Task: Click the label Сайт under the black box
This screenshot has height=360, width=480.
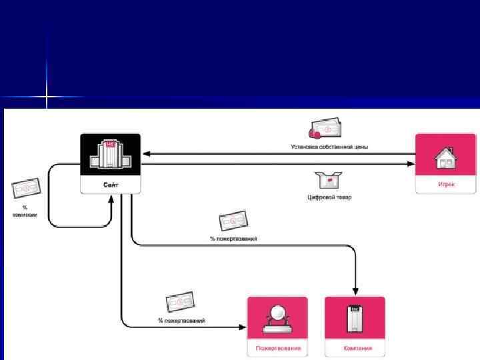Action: pos(111,185)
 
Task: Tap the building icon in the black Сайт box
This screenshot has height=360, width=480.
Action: pos(111,153)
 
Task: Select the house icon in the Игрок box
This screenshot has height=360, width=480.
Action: pos(445,158)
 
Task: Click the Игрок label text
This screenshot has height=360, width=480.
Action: pos(445,184)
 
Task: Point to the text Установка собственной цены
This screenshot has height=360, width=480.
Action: pos(329,146)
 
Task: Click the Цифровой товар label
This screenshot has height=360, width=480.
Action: pos(329,197)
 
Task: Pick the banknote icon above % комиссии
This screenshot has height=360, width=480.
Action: pos(25,189)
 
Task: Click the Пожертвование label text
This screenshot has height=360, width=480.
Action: pos(277,348)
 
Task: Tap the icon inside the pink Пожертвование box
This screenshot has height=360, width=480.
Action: pos(277,318)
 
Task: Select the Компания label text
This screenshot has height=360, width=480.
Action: pos(355,348)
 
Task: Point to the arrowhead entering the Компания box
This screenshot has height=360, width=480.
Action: pos(355,292)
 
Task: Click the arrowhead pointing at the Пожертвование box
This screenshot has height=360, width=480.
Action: pos(243,326)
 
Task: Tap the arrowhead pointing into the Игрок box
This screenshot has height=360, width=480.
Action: pos(411,163)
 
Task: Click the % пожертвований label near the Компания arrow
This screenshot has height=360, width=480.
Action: pos(233,238)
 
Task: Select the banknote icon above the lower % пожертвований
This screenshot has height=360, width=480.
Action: pos(180,303)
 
